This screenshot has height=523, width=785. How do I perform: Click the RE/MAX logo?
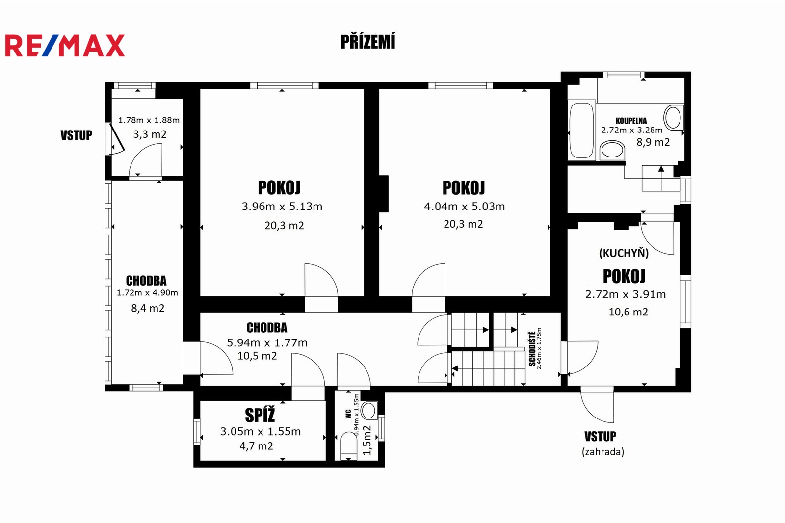[65, 46]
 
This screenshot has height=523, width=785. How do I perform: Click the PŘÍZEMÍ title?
[368, 42]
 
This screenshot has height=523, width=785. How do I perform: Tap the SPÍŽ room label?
[260, 416]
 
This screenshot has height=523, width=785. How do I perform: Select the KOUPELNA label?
[631, 121]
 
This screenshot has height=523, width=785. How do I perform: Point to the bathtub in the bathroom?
[581, 130]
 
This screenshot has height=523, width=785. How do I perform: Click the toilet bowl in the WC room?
[349, 446]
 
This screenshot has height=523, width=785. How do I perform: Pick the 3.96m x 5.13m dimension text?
[282, 207]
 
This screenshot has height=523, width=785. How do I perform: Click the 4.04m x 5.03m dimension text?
[464, 207]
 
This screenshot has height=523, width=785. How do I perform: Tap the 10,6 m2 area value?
[628, 312]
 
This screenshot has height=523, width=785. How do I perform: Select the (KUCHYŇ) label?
[624, 253]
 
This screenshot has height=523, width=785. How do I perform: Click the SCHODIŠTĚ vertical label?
[532, 348]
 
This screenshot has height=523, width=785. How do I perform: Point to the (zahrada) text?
[603, 452]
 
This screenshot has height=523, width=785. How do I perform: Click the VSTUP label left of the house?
[77, 135]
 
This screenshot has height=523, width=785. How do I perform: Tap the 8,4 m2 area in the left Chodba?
[148, 308]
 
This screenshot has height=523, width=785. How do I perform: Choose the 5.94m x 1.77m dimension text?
[267, 342]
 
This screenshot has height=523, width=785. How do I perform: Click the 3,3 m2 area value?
[150, 134]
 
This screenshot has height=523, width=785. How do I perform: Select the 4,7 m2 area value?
[256, 446]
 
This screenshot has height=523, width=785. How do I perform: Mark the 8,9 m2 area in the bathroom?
[653, 142]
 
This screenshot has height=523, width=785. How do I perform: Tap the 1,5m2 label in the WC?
[366, 440]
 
